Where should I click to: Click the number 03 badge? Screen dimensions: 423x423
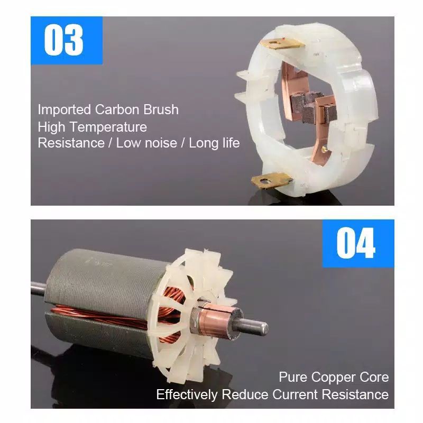(x=67, y=41)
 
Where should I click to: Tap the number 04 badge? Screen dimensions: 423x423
(x=358, y=243)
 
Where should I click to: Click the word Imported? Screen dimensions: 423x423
(x=64, y=110)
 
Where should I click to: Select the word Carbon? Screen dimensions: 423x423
(x=117, y=109)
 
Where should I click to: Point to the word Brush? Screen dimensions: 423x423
(x=161, y=109)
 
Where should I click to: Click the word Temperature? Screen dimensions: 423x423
(x=108, y=127)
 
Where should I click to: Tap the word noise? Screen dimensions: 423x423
(x=161, y=143)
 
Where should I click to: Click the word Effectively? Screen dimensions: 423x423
(x=187, y=394)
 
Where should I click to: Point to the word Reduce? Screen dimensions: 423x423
(x=245, y=394)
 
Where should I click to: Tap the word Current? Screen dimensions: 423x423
(x=295, y=394)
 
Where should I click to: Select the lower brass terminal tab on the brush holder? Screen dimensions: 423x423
(x=271, y=180)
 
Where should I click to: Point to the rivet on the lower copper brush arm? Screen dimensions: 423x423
(x=325, y=149)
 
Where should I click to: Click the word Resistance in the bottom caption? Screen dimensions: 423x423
(x=355, y=394)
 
